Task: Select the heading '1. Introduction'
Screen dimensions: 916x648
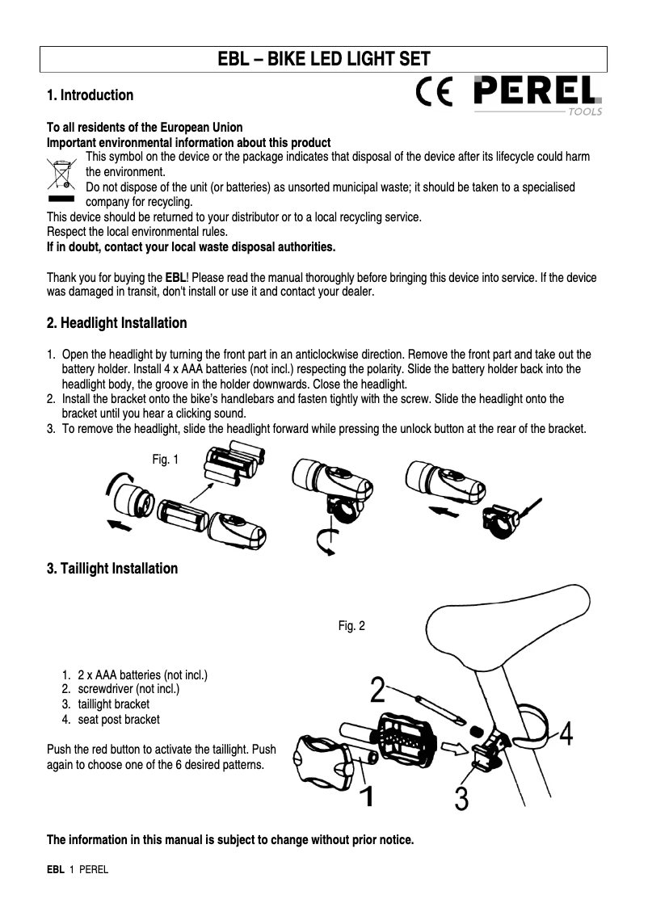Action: (90, 95)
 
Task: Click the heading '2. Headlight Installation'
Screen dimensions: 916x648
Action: (117, 323)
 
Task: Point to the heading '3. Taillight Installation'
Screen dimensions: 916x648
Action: (112, 569)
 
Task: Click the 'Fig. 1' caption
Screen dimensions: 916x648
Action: (165, 460)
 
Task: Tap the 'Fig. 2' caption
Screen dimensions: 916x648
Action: (351, 625)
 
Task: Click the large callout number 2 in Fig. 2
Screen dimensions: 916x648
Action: (377, 691)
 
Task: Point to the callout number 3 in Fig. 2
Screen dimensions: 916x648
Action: (461, 798)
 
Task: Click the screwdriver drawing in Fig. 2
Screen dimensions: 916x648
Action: (436, 709)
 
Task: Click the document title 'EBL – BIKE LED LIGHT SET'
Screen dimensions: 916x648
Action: (324, 59)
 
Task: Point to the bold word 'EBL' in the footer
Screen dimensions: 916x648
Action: (55, 870)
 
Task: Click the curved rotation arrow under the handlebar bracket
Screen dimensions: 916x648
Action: (322, 543)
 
